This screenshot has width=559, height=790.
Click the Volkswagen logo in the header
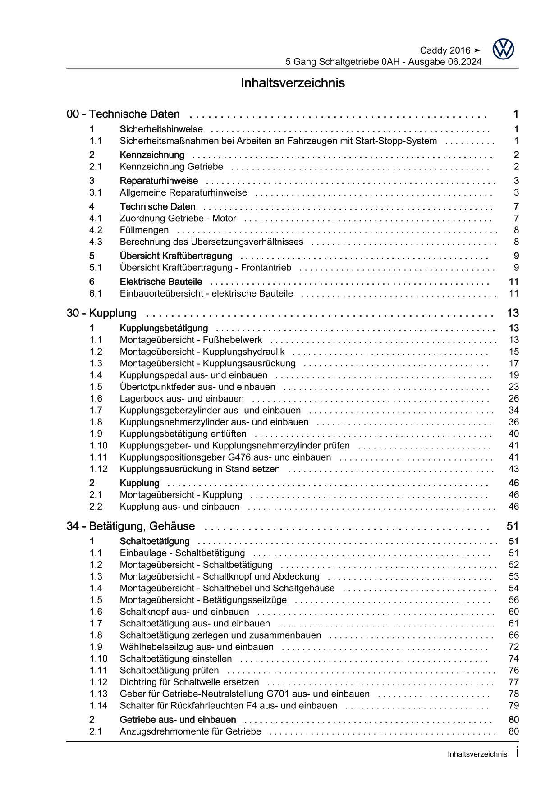click(503, 49)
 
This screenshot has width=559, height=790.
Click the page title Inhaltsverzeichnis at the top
click(293, 83)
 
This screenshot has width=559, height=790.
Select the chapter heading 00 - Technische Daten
click(123, 114)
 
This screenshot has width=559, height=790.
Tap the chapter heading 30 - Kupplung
click(101, 313)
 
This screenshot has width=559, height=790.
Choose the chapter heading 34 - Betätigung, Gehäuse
click(131, 526)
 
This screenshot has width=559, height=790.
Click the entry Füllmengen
click(144, 230)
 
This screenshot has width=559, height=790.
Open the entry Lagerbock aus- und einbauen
click(182, 399)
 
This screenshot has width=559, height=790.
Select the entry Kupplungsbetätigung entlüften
click(183, 434)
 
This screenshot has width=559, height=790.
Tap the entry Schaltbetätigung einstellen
click(176, 659)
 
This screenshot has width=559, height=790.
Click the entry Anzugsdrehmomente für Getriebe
click(190, 731)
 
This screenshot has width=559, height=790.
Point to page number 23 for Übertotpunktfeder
click(513, 387)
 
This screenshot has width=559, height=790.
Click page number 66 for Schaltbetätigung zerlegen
click(513, 635)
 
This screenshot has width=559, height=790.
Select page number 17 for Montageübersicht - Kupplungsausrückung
click(513, 364)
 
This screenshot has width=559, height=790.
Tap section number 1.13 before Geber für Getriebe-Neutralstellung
click(98, 694)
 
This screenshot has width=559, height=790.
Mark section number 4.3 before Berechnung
click(96, 242)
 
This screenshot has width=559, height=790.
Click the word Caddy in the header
click(433, 50)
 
